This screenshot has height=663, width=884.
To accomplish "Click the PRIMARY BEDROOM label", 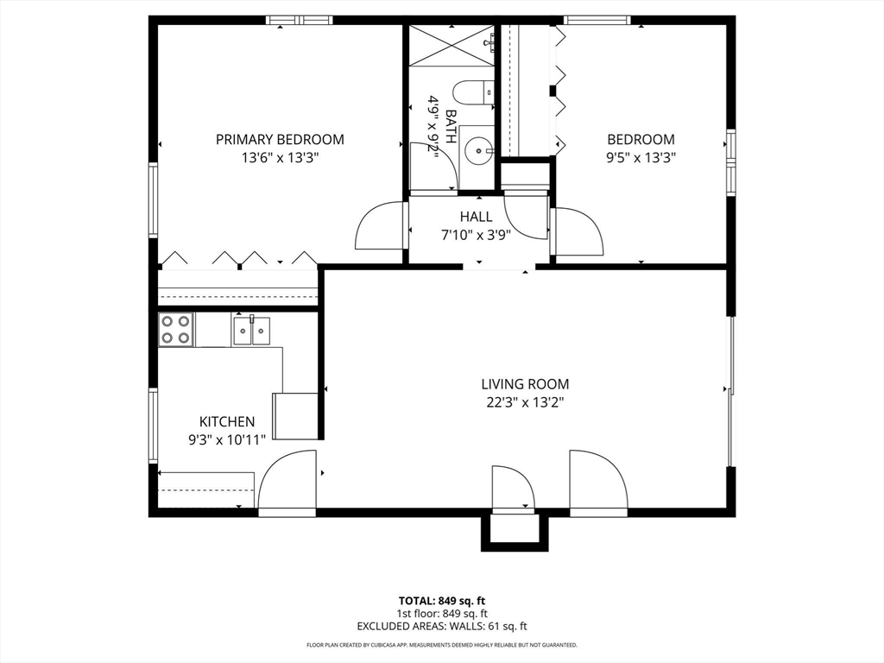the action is click(x=280, y=139).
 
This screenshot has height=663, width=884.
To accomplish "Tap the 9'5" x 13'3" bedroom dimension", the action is click(x=641, y=157).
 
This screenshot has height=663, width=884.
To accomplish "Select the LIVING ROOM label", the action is click(x=525, y=384).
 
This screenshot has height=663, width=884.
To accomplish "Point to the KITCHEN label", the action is click(x=227, y=421).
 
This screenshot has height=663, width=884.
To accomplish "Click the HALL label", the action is click(x=476, y=217).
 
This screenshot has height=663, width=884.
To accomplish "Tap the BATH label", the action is click(x=451, y=126).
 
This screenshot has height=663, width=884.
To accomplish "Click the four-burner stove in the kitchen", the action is click(x=175, y=330).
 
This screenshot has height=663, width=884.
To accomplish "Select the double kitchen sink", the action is click(x=251, y=331).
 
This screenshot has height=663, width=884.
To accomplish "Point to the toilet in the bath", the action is click(x=473, y=92).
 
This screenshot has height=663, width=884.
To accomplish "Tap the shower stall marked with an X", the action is click(x=451, y=45).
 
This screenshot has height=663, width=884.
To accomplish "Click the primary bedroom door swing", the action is click(x=380, y=224).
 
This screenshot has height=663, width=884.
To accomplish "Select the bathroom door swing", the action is click(x=433, y=167).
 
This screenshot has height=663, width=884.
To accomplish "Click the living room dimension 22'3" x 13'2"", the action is click(x=525, y=402).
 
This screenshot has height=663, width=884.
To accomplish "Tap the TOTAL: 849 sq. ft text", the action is click(x=442, y=601).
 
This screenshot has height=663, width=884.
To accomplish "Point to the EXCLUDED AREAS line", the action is click(x=442, y=626).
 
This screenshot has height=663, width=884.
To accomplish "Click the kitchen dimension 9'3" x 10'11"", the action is click(x=227, y=439).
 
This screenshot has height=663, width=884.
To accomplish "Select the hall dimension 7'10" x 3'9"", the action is click(x=476, y=235).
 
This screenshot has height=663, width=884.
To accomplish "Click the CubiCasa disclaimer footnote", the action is click(x=442, y=645).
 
